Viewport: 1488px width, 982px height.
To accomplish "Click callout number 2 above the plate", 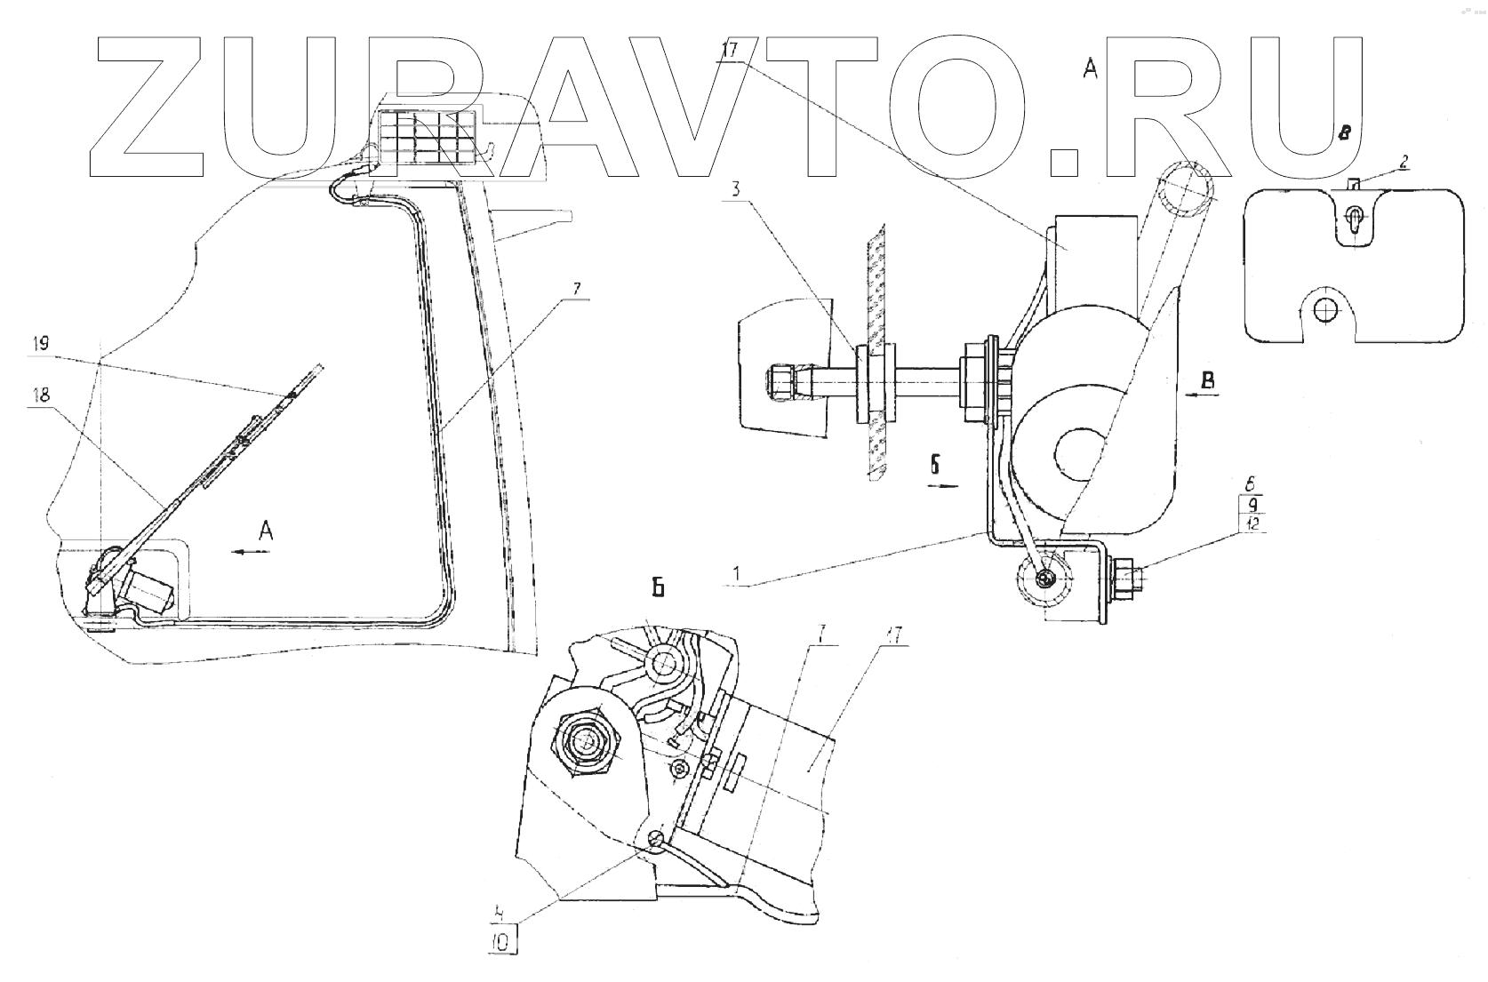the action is coord(1402,163).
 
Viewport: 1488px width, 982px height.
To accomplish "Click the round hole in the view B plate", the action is coord(1326,308).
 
